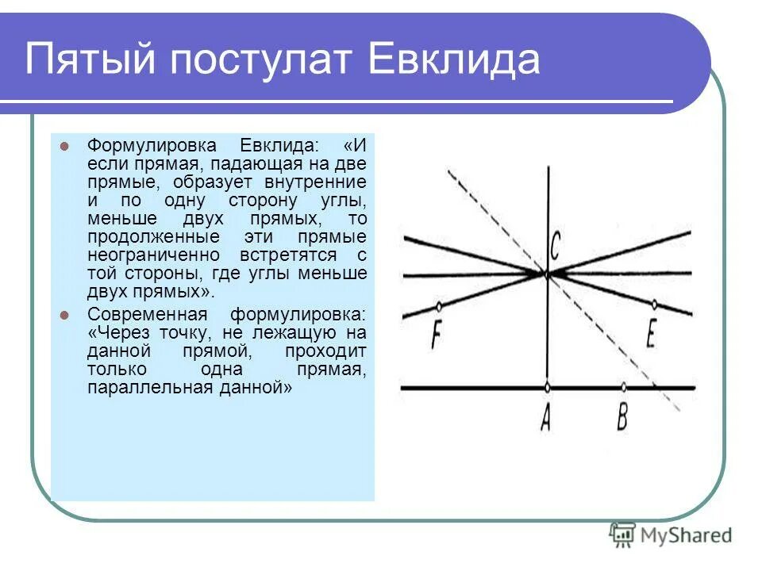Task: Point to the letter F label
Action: tap(436, 335)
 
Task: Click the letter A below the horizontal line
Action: tap(546, 417)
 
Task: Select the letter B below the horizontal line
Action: tap(623, 417)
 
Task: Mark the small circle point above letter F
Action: tap(439, 306)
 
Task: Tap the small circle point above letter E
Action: tap(654, 303)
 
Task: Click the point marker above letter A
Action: tap(548, 388)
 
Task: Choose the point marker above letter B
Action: tap(624, 388)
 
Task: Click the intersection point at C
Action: tap(547, 274)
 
